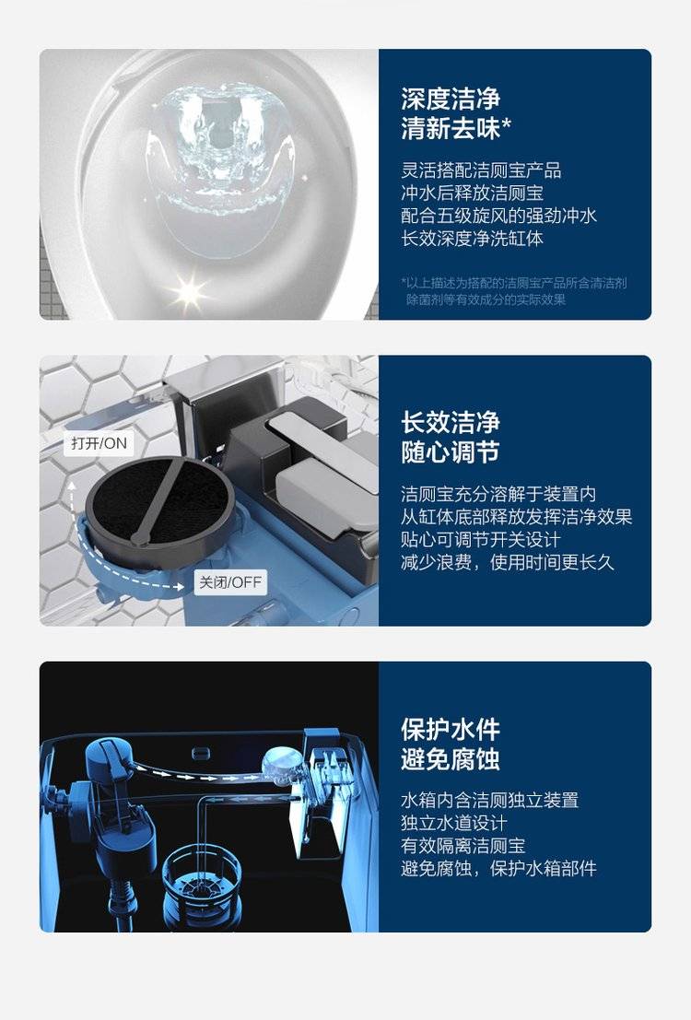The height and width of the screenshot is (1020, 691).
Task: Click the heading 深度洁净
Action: point(451,99)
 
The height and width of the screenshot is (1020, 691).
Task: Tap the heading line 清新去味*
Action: point(455,128)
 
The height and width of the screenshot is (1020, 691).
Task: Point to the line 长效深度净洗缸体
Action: point(472,238)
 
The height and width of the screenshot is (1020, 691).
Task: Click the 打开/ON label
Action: point(99,443)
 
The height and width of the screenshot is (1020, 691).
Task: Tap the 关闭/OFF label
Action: point(229,582)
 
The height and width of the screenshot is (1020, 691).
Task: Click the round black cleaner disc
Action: point(159,501)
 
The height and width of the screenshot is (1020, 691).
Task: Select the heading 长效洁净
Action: point(451,422)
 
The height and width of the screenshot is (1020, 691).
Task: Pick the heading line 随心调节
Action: point(451,452)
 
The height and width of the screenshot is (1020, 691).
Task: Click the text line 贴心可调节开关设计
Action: point(480,540)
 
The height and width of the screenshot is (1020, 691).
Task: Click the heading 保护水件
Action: point(451,729)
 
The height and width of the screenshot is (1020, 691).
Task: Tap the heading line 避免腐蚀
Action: point(451,759)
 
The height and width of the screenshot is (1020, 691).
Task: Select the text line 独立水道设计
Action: point(453,823)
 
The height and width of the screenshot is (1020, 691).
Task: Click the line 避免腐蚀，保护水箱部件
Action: point(498,869)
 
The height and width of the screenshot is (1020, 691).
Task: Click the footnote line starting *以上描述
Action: point(514,283)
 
